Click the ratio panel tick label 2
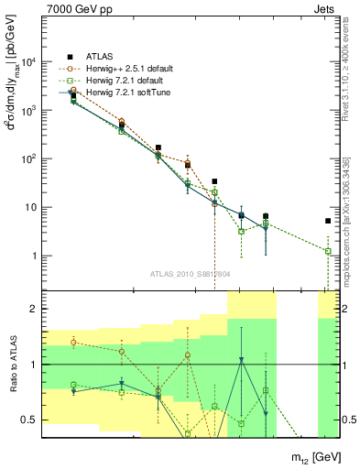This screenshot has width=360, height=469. [x=36, y=310]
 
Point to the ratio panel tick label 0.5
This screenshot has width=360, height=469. [x=31, y=420]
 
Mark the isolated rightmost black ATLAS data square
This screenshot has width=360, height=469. [x=328, y=221]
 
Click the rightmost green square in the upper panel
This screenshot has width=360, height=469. [x=328, y=251]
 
